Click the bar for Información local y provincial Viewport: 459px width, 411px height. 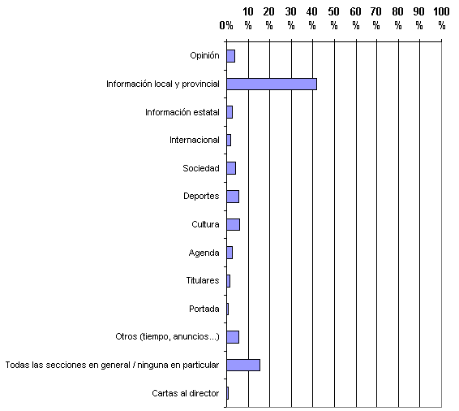(272, 84)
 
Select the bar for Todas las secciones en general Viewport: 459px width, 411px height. (243, 365)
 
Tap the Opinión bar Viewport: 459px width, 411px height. (230, 56)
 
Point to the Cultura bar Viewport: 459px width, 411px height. (233, 224)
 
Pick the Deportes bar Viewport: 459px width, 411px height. (233, 197)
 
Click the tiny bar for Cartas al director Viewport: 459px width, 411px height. (227, 393)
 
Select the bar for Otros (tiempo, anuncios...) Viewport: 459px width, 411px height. (233, 337)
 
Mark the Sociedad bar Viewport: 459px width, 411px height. (231, 168)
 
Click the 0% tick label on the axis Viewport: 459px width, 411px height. (226, 25)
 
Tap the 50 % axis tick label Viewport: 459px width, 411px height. (334, 19)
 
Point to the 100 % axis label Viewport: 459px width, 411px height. (441, 19)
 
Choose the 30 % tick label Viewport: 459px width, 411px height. (290, 19)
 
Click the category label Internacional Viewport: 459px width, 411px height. (195, 141)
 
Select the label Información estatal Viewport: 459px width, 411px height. (182, 112)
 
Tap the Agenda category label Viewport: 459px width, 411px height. (204, 253)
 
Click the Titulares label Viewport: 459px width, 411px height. (203, 280)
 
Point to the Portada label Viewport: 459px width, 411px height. (204, 309)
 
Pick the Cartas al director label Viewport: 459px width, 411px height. (186, 393)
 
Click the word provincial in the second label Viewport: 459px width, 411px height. (200, 84)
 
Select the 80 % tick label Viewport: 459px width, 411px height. (397, 19)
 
